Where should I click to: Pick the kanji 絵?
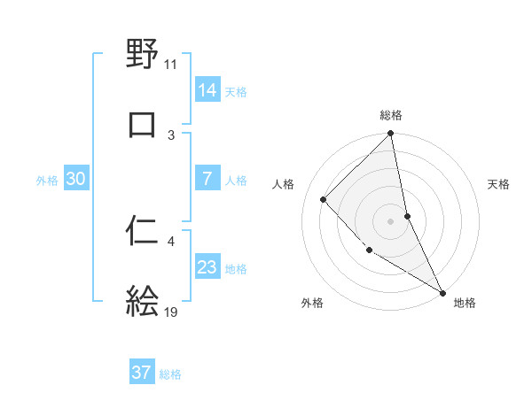[x=143, y=301]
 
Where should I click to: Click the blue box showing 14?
[x=207, y=89]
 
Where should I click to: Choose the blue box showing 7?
[x=207, y=179]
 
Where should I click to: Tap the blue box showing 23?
[x=207, y=267]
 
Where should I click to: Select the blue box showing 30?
[x=76, y=179]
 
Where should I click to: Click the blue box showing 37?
[x=142, y=373]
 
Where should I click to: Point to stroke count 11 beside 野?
[x=170, y=64]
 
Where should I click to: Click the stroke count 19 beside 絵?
[x=171, y=312]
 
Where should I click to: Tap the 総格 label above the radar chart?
[x=391, y=115]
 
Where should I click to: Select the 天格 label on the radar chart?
[x=498, y=184]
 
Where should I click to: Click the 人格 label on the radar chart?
[x=284, y=184]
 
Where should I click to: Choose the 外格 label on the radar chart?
[x=311, y=303]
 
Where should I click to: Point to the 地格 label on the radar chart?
[x=465, y=303]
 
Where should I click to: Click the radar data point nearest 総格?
[x=391, y=135]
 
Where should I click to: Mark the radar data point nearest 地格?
[x=442, y=291]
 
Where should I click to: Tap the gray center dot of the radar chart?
[x=391, y=220]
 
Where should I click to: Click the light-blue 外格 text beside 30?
[x=47, y=180]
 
